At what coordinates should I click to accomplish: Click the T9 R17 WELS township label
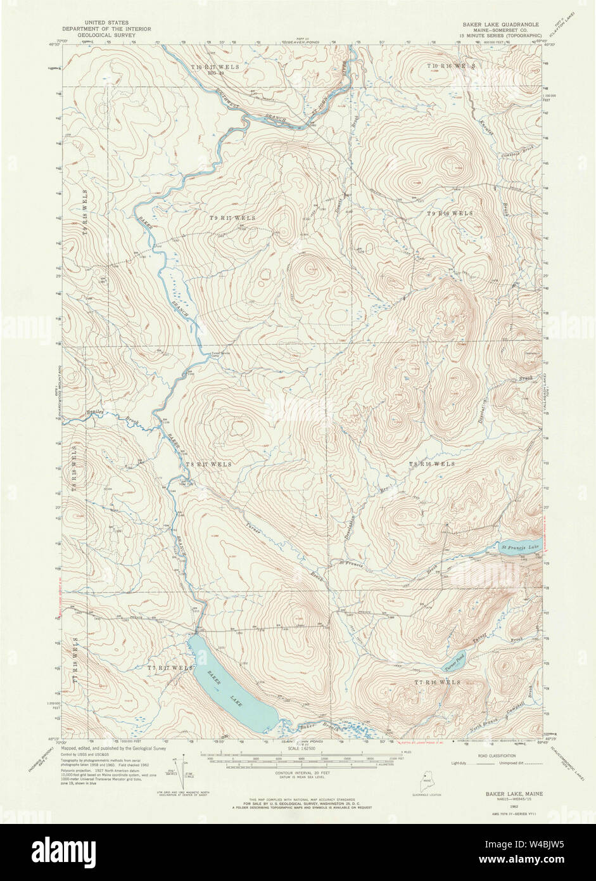[233, 218]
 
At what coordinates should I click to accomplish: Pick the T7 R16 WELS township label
[437, 682]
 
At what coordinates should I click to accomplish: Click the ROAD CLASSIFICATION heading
[496, 756]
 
